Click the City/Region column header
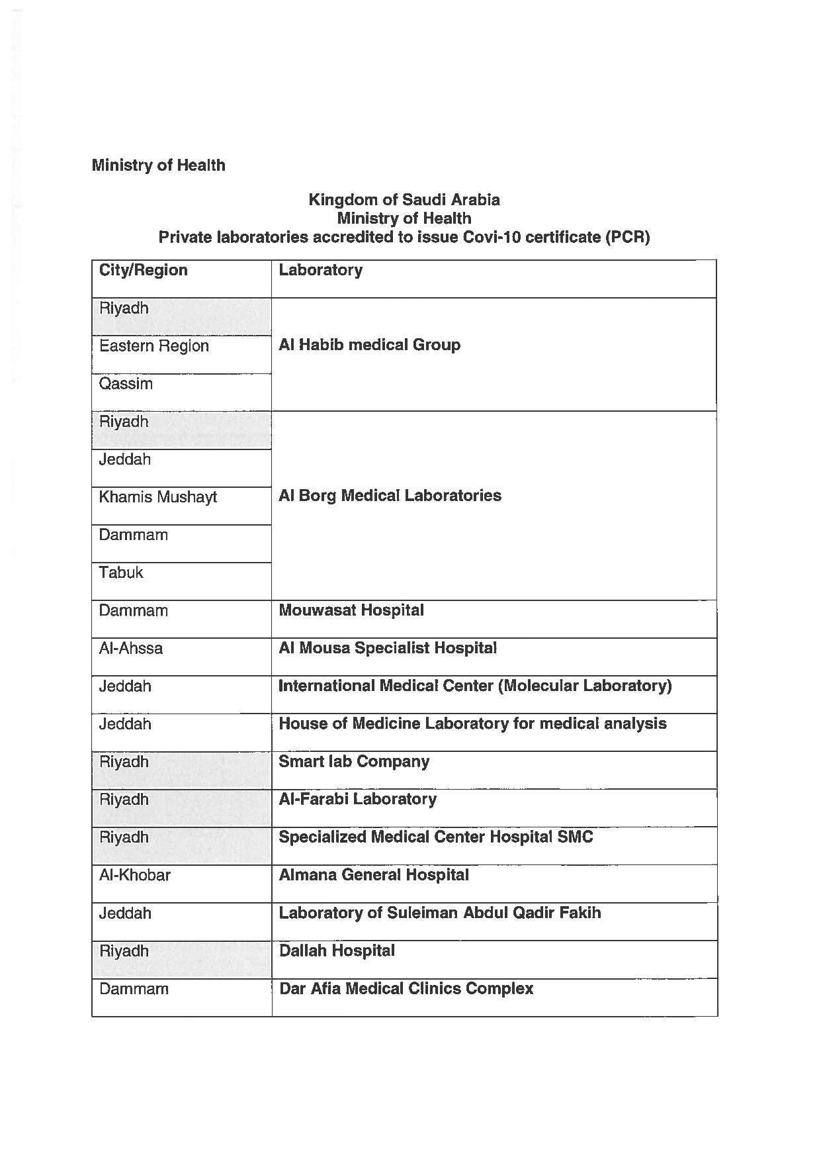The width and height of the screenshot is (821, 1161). coord(143,270)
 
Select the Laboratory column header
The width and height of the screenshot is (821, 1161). coord(320,270)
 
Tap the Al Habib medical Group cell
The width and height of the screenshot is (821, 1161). coord(369,345)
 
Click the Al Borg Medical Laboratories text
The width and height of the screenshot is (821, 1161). coord(390,496)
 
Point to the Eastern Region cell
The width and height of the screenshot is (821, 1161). coord(153,346)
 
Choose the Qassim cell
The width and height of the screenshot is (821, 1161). coord(126,384)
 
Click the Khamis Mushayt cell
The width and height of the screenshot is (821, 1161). coord(157,497)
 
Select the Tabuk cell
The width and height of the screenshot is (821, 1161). coord(121,573)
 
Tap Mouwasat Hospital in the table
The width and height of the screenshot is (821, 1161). coord(351,610)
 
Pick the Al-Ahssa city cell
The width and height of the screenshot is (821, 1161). coord(131,648)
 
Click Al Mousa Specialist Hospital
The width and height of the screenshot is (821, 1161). coord(388,648)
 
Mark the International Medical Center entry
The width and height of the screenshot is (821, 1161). coord(475,686)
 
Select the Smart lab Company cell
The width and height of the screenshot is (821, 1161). coord(354,761)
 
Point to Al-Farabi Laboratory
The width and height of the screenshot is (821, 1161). coord(357,799)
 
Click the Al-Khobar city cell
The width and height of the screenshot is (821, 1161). coord(135,875)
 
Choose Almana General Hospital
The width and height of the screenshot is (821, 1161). coord(374,875)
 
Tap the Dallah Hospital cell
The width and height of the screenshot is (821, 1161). coord(337,951)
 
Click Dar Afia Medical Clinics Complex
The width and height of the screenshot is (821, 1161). coord(406,988)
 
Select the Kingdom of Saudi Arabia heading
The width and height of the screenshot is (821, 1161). coord(404,200)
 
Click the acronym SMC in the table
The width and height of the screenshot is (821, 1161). coord(575,837)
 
